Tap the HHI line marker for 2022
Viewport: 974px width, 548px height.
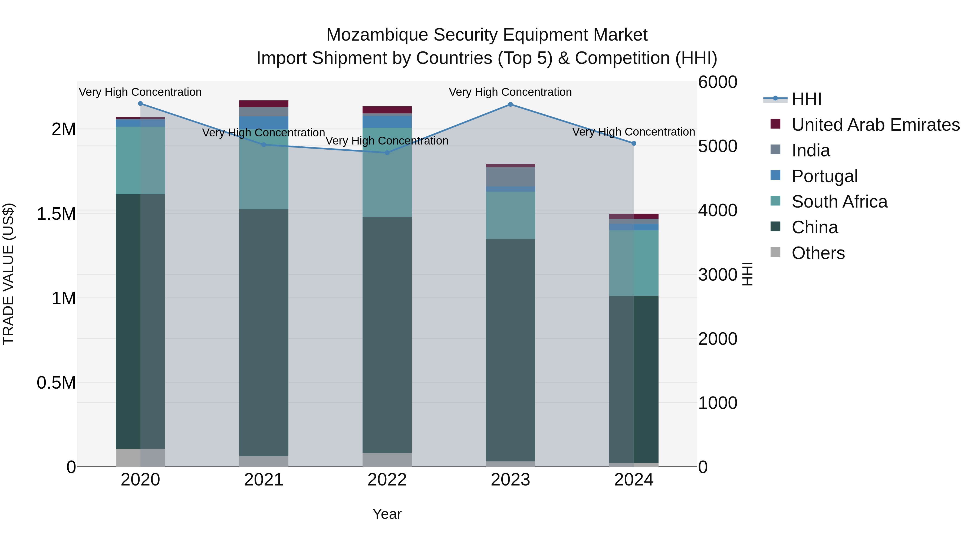(x=387, y=153)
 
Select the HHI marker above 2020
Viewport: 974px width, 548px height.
(x=140, y=104)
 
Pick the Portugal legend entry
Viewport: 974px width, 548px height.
(x=824, y=176)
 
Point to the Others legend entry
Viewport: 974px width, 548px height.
(x=818, y=253)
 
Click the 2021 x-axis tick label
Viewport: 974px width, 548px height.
(x=264, y=480)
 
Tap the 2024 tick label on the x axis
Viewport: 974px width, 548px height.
(x=634, y=480)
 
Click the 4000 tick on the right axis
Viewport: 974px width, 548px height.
(x=717, y=210)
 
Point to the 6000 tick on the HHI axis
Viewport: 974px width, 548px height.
(x=717, y=82)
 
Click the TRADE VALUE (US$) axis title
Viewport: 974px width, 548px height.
(x=8, y=274)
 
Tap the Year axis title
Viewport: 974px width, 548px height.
(x=387, y=514)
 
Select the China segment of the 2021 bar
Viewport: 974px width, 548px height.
(x=264, y=333)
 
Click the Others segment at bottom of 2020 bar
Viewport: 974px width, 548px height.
(x=140, y=458)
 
